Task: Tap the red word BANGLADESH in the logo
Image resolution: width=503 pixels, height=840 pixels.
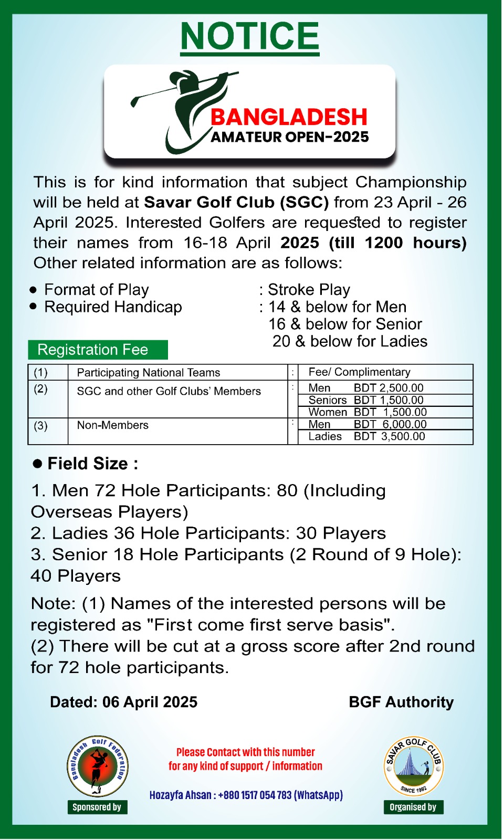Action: point(289,117)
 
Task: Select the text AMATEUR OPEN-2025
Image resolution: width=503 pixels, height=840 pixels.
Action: point(290,137)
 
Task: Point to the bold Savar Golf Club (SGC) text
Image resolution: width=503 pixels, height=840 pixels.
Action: point(236,202)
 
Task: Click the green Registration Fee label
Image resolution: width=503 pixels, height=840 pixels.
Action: point(98,350)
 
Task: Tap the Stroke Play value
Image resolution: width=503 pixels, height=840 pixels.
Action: point(309,290)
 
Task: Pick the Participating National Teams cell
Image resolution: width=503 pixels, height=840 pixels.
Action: point(149,373)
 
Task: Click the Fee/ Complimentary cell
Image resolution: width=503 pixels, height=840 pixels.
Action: point(359,372)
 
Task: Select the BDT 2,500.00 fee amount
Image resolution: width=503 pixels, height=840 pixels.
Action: point(389,388)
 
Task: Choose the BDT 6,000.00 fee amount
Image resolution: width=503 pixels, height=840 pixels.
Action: point(390,424)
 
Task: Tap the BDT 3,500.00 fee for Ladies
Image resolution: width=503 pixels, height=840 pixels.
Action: point(389,436)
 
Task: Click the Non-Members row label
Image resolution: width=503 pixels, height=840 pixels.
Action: point(113,425)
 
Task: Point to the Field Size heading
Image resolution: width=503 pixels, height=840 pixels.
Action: point(92,464)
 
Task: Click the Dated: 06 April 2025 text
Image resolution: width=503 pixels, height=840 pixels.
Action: point(123,702)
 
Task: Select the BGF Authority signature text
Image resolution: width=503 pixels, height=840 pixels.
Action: point(401,702)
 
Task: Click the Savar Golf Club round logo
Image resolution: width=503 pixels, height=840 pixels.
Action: point(414,766)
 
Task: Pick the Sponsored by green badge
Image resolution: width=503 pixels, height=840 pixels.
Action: point(97,807)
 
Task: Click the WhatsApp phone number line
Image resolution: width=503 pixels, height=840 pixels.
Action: point(246,795)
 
